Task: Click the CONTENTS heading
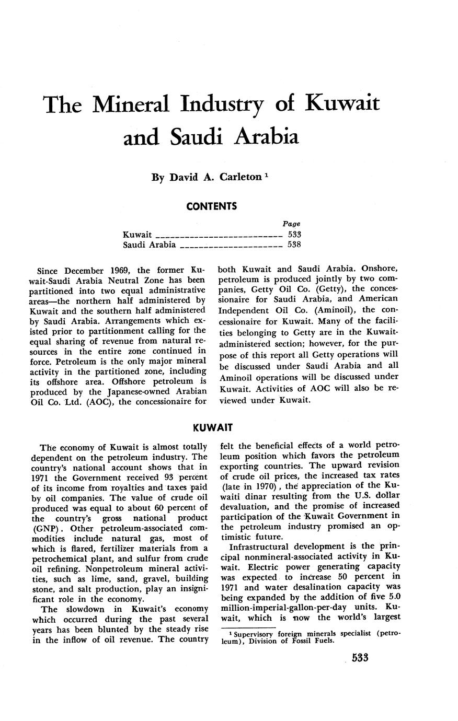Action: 211,206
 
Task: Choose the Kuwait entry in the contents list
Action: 137,235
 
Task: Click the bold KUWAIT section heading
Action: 212,428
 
